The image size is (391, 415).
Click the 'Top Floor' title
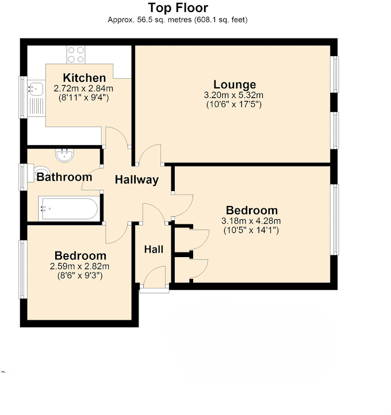[178, 8]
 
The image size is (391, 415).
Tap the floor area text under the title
[178, 20]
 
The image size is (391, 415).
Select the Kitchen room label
[85, 78]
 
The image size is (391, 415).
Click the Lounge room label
[234, 85]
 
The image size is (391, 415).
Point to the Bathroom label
[64, 177]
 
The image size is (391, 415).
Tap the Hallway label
[136, 180]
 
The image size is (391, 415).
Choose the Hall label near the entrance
[154, 250]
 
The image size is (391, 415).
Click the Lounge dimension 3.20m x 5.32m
[234, 95]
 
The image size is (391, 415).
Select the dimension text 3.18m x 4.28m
[252, 221]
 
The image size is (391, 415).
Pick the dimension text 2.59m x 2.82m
[80, 266]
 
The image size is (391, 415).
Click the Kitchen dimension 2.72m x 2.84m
[84, 88]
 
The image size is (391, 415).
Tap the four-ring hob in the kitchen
[76, 55]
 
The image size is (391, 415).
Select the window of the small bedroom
[23, 269]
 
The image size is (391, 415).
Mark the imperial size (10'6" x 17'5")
[234, 105]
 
